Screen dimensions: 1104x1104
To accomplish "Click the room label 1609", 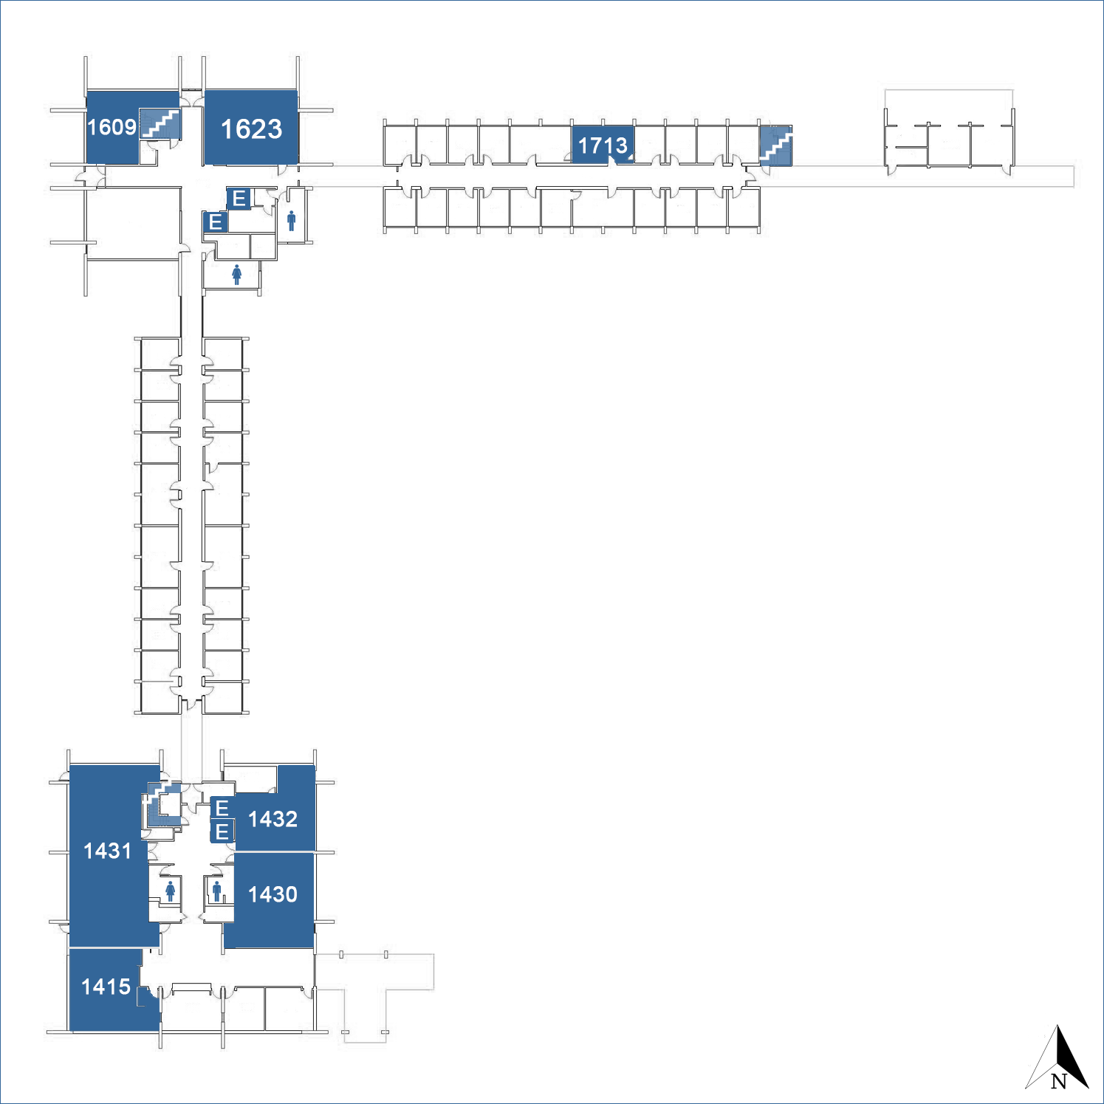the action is point(112,127).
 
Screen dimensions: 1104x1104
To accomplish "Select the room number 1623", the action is point(251,129).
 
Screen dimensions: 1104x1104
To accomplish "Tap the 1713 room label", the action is point(603,145).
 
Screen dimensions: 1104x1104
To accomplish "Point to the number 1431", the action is point(107,851).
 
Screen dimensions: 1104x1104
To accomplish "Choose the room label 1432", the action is point(272,819).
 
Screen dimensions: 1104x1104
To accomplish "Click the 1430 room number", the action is point(272,894).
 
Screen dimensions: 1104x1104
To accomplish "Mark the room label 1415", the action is point(106,987).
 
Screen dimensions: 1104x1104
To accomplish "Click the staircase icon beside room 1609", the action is point(160,123).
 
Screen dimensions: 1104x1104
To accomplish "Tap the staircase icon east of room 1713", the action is point(775,145).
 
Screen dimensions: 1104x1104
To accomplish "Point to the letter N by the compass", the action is point(1059,1081).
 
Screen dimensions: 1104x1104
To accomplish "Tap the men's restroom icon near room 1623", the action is point(292,220).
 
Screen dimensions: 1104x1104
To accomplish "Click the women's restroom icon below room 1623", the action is point(236,275).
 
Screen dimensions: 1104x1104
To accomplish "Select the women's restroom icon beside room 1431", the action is point(171,891).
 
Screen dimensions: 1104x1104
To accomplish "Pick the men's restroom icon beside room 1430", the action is point(216,891).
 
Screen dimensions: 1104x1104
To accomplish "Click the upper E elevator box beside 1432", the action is point(222,808).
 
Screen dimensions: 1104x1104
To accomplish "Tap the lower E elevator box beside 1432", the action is point(222,832).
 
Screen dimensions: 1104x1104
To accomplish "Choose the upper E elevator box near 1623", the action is point(239,198).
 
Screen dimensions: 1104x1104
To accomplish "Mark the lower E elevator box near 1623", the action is point(216,222).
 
